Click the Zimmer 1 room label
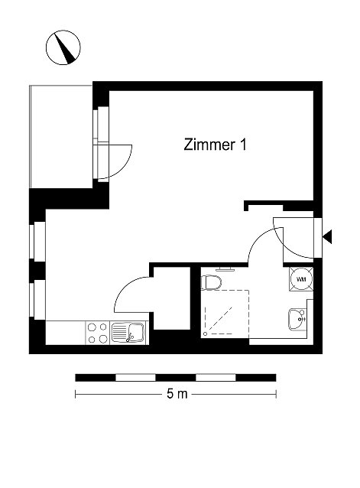click(215, 145)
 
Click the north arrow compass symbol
click(63, 47)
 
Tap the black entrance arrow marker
click(327, 237)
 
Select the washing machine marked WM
click(301, 279)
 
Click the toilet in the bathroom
click(211, 282)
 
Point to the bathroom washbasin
click(297, 319)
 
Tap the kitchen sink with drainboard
click(128, 333)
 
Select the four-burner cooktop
click(97, 333)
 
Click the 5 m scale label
click(177, 394)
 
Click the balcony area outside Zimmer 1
click(61, 136)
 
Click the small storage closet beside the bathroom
click(172, 298)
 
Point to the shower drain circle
click(205, 334)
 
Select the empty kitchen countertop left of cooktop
click(66, 333)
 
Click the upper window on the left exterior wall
click(37, 241)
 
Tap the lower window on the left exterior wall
click(37, 299)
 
